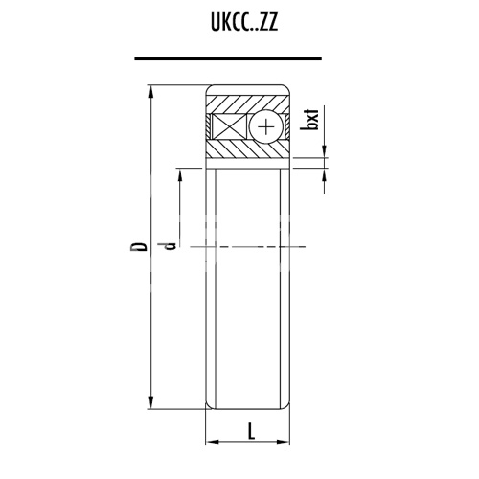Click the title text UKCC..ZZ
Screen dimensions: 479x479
pos(239,23)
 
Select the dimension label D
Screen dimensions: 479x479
pos(141,247)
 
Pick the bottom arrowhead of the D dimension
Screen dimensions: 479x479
pos(152,403)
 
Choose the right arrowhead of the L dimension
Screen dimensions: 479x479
pos(286,443)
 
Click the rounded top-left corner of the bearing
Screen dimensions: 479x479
pos(210,90)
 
